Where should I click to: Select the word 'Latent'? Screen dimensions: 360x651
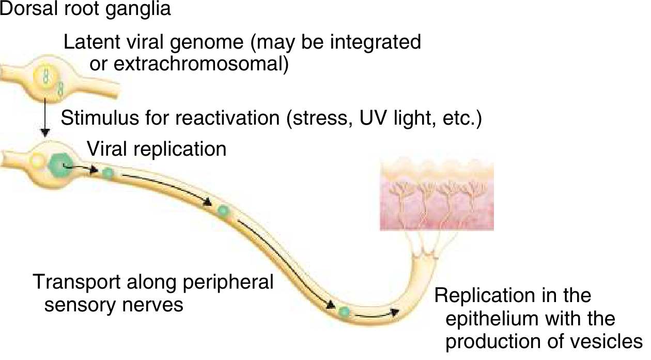point(88,42)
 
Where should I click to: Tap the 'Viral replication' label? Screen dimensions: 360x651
point(157,149)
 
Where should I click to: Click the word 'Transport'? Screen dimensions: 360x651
point(75,282)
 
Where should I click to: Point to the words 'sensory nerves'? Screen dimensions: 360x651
point(114,305)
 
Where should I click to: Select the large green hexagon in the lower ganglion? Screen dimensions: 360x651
point(61,165)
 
